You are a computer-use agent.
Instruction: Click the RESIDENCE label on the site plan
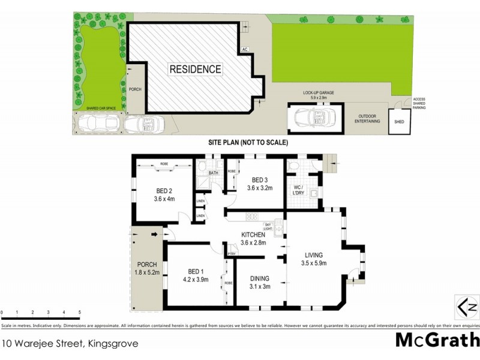click(x=195, y=69)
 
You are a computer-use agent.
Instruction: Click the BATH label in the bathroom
click(x=213, y=174)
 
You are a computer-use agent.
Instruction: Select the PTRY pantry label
click(x=231, y=254)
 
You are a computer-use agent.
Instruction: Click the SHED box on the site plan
click(x=399, y=122)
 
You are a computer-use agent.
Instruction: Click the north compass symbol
click(x=466, y=307)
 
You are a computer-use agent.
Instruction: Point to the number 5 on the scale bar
click(x=80, y=313)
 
